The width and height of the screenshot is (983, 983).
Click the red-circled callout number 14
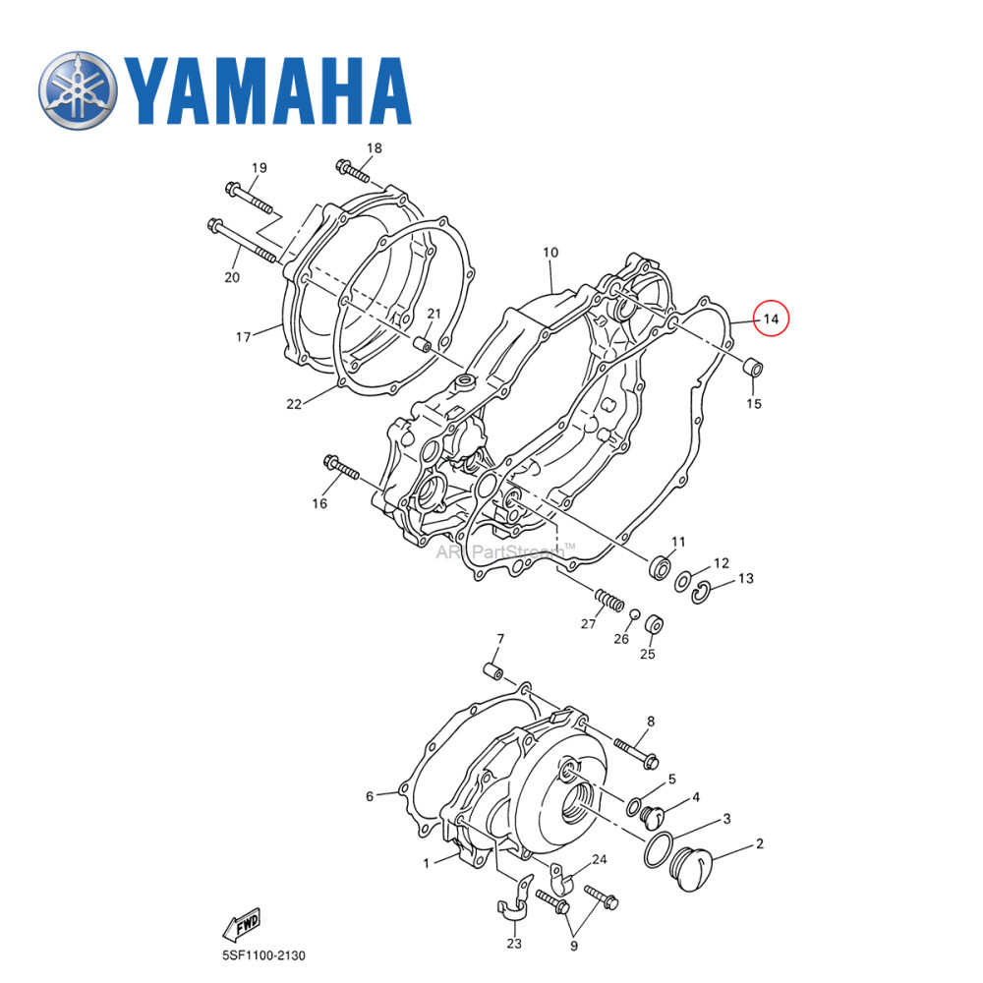(771, 318)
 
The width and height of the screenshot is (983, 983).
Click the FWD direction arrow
(240, 923)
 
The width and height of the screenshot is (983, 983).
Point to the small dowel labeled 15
(753, 369)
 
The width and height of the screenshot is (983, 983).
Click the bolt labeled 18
(352, 172)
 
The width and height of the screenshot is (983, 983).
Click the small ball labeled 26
(636, 615)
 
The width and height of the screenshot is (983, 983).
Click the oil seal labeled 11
(661, 568)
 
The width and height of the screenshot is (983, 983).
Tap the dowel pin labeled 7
(492, 672)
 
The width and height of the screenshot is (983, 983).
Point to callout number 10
(549, 254)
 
